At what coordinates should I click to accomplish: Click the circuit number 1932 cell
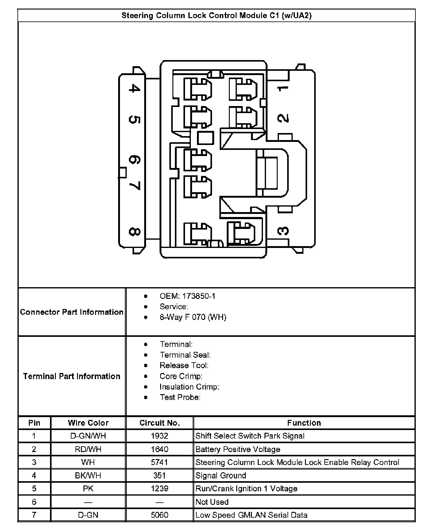(x=160, y=436)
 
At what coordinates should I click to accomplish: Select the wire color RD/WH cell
(x=88, y=449)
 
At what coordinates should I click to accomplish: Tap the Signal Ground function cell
(x=221, y=475)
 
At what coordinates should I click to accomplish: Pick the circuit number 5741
(x=160, y=462)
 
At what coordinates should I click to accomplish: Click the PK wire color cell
(x=88, y=489)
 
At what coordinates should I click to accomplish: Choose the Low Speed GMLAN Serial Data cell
(x=251, y=515)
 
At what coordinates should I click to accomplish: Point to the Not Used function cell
(x=212, y=502)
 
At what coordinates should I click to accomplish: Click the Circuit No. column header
(x=160, y=423)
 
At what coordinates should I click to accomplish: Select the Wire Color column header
(x=88, y=423)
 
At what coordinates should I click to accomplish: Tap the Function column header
(x=304, y=423)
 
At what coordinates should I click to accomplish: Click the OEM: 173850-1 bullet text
(x=187, y=296)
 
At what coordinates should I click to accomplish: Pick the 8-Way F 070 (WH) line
(x=193, y=317)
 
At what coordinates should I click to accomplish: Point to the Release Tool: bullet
(x=184, y=365)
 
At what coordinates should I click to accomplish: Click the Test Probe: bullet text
(x=180, y=397)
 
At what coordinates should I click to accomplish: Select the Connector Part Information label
(x=71, y=312)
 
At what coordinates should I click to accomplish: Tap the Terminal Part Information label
(x=71, y=376)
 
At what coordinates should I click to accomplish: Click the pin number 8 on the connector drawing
(x=134, y=232)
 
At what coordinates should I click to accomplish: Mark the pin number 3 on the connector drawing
(x=283, y=230)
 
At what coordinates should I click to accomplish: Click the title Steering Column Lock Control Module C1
(x=216, y=16)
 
